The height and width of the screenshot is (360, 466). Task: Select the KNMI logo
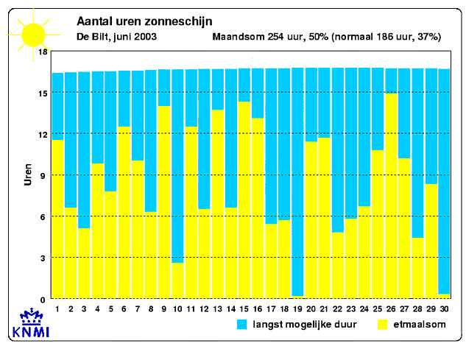click(30, 326)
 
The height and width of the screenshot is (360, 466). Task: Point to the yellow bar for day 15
click(244, 199)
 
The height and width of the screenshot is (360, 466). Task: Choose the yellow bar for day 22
click(338, 264)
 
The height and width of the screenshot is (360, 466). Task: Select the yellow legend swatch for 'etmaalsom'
click(383, 324)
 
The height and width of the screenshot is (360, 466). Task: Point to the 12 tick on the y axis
click(42, 134)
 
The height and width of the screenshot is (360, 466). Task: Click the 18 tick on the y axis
click(42, 52)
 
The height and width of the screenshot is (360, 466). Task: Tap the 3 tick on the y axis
click(44, 258)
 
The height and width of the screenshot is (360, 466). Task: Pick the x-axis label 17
click(271, 308)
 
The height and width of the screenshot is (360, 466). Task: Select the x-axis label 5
click(110, 308)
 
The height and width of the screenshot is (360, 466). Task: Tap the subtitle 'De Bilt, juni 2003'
click(116, 36)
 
